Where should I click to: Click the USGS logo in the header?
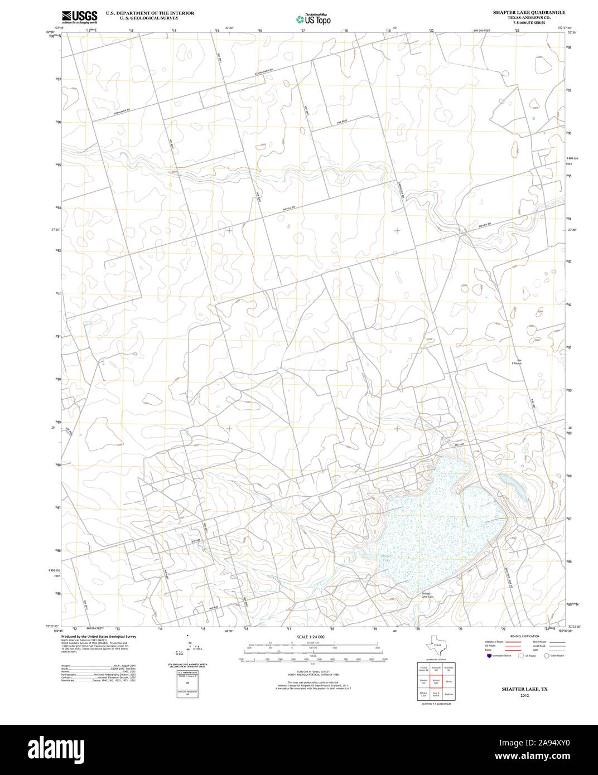pyautogui.click(x=79, y=16)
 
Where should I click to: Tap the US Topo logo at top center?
pyautogui.click(x=313, y=18)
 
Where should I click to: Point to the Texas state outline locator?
pyautogui.click(x=433, y=645)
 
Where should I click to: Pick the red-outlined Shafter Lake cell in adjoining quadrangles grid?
pyautogui.click(x=436, y=681)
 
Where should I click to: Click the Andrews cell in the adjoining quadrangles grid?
pyautogui.click(x=449, y=694)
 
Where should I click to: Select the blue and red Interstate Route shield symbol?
pyautogui.click(x=489, y=656)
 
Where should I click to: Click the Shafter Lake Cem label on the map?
pyautogui.click(x=427, y=595)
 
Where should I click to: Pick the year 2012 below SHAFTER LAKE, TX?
pyautogui.click(x=524, y=696)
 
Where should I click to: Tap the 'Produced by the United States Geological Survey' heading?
pyautogui.click(x=98, y=636)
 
